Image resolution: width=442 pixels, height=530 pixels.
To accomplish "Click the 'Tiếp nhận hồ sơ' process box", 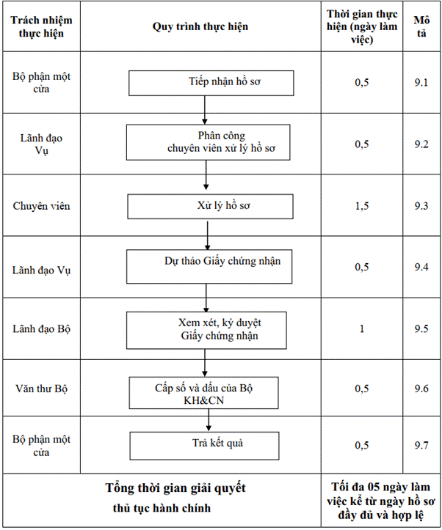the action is (x=211, y=83).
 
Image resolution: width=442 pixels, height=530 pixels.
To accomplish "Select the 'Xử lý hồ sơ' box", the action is (x=210, y=207).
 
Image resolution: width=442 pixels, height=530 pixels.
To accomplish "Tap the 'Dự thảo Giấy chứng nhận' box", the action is (x=209, y=267).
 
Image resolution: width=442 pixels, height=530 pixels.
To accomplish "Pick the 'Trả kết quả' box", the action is (x=204, y=446).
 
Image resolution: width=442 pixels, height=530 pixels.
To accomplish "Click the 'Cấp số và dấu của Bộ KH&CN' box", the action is (x=203, y=393).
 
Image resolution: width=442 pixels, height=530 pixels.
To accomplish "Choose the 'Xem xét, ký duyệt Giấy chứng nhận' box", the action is (x=206, y=330).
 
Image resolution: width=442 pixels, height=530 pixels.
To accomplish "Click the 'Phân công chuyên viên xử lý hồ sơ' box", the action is (x=208, y=142).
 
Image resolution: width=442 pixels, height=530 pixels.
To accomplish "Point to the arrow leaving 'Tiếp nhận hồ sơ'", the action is (x=204, y=110).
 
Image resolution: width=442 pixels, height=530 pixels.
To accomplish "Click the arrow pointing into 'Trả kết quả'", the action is (x=209, y=420).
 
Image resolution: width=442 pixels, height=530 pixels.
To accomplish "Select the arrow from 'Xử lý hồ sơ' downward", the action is (x=208, y=235).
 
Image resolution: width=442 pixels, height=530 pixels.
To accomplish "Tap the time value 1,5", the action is (x=362, y=206).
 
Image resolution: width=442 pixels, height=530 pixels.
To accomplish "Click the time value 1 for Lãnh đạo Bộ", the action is (x=362, y=328).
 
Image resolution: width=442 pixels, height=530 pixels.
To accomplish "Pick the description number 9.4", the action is (x=421, y=267).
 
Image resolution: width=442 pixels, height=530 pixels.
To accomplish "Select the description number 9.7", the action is (x=421, y=445).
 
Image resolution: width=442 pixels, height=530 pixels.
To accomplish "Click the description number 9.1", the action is (x=421, y=83).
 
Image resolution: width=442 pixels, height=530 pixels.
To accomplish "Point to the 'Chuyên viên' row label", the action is (x=41, y=206).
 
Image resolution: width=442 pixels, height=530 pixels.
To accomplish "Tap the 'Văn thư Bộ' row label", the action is (x=41, y=389).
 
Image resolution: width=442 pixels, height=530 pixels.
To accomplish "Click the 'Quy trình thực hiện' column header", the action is (x=200, y=26).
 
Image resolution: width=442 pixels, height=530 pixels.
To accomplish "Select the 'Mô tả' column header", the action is (x=421, y=26).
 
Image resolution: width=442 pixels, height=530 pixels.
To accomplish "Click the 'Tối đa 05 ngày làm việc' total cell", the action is (x=380, y=501).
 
